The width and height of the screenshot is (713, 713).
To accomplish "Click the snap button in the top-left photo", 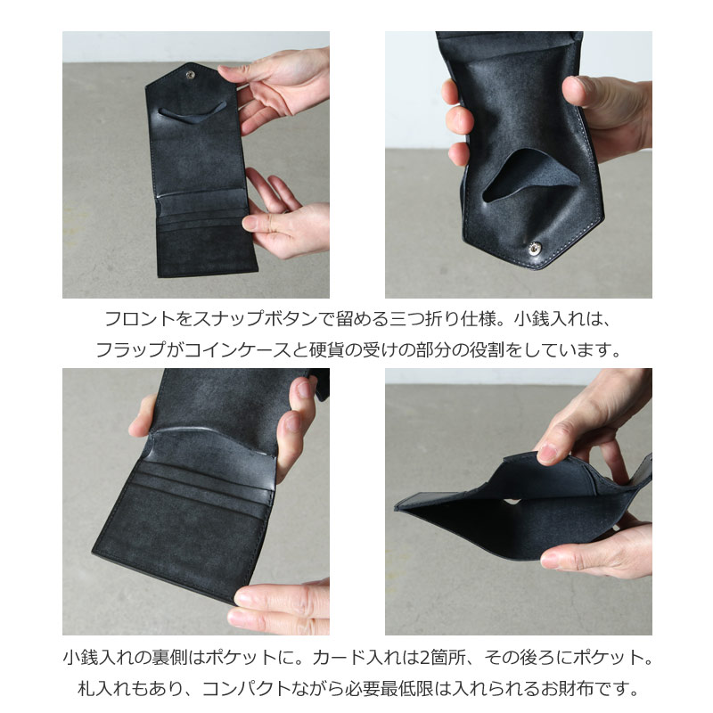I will [189, 78].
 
